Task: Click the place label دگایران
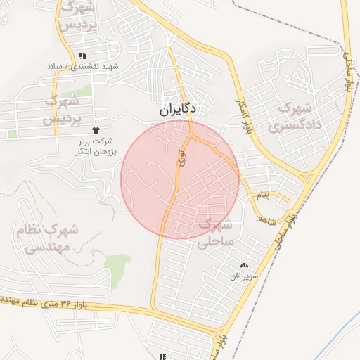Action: [179, 110]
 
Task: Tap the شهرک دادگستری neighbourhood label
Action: [299, 117]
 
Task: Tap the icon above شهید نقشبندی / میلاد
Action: [83, 56]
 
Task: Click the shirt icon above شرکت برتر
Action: [97, 131]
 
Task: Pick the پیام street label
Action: [262, 195]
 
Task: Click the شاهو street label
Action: [265, 220]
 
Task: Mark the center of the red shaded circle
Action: [180, 180]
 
